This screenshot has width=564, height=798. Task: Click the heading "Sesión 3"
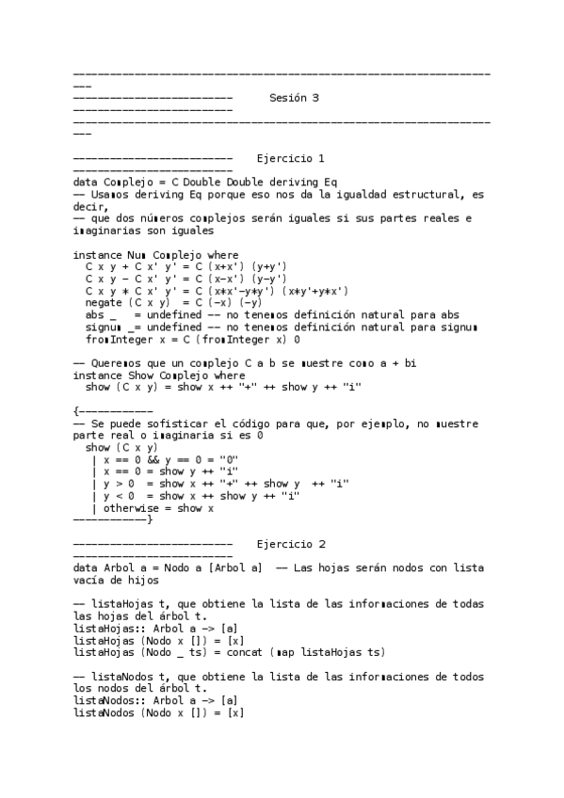[294, 98]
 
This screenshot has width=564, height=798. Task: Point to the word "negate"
[103, 303]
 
